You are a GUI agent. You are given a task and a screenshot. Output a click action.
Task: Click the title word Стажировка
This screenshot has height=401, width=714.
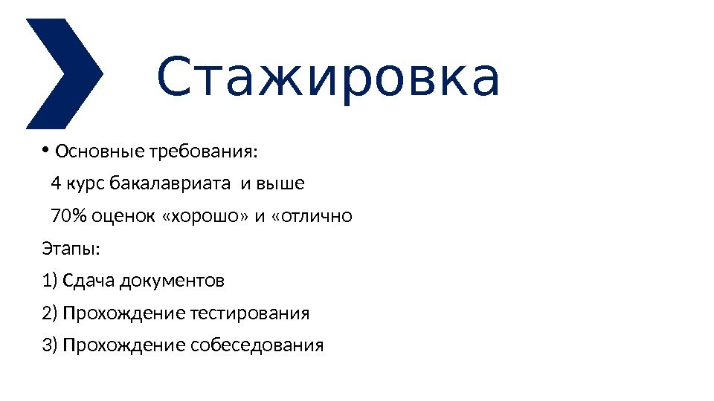(x=327, y=79)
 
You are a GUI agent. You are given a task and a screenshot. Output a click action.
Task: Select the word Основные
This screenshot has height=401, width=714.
(x=100, y=153)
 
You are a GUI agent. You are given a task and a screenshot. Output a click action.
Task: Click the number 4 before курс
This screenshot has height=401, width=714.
(x=56, y=183)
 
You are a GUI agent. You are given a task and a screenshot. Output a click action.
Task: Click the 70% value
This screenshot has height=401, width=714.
(x=68, y=217)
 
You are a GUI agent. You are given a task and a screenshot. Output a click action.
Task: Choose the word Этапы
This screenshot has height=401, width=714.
(x=71, y=249)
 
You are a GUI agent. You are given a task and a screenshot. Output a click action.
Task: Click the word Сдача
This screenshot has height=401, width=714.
(x=89, y=281)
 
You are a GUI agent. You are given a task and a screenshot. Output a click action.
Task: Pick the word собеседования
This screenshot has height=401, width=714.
(x=257, y=346)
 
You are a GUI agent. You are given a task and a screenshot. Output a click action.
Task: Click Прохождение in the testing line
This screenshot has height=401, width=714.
(x=123, y=313)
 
